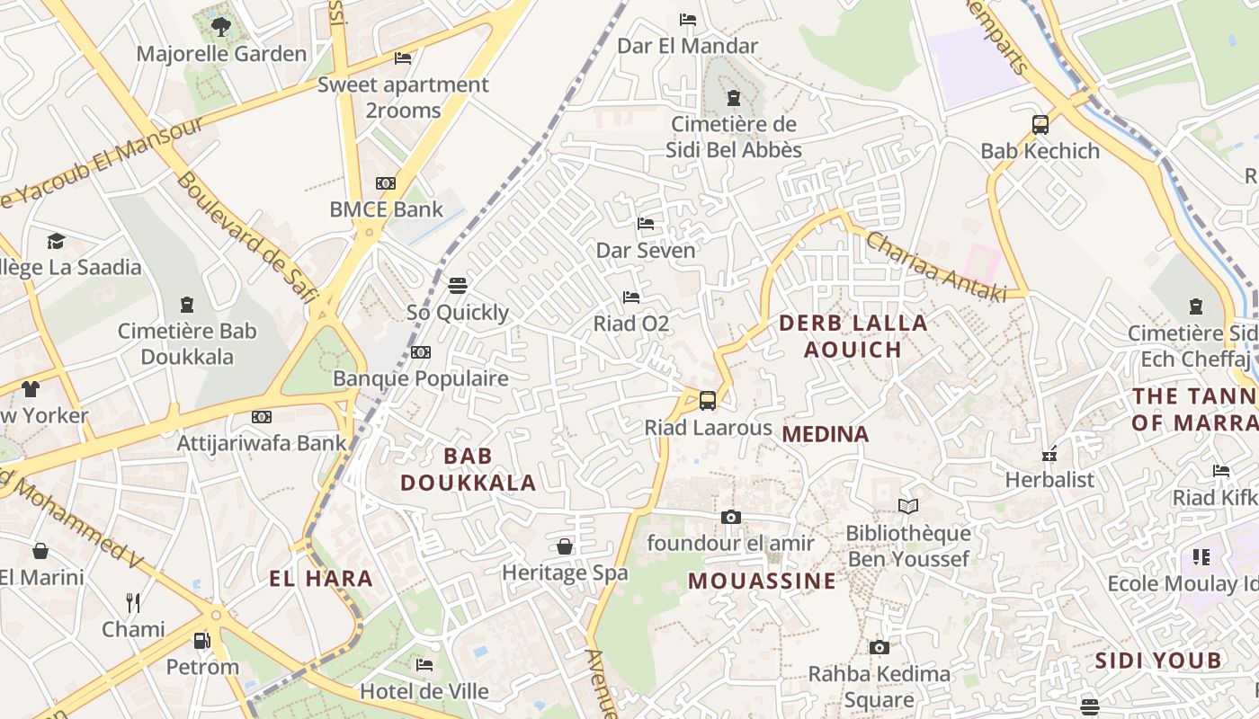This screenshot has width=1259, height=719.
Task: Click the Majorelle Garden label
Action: (x=221, y=54)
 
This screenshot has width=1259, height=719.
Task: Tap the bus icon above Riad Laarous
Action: (x=708, y=401)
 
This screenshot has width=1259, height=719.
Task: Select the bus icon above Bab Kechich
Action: (x=1040, y=125)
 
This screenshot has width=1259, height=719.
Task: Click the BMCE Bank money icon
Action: (x=386, y=183)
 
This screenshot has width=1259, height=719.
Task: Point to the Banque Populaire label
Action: (x=421, y=378)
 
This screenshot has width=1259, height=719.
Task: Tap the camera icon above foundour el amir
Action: (x=730, y=517)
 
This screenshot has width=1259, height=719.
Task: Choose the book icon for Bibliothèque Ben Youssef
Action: (x=908, y=507)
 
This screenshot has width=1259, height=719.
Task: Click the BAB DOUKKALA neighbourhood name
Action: (x=468, y=469)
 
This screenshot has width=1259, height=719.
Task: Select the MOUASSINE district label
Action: (x=763, y=581)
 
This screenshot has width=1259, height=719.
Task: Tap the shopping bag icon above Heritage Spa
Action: (x=565, y=546)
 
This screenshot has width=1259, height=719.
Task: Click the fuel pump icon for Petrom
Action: (x=202, y=641)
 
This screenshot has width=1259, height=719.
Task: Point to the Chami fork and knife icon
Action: (x=133, y=602)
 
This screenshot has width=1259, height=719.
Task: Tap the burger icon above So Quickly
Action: (x=458, y=286)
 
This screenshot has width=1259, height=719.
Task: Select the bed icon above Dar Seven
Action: (x=646, y=223)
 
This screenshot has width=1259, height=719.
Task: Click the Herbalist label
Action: (x=1049, y=480)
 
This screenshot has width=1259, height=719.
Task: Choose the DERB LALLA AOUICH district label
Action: (x=853, y=336)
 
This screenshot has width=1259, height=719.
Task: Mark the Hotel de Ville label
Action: (x=424, y=691)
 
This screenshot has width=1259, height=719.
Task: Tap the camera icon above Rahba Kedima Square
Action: (x=880, y=647)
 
